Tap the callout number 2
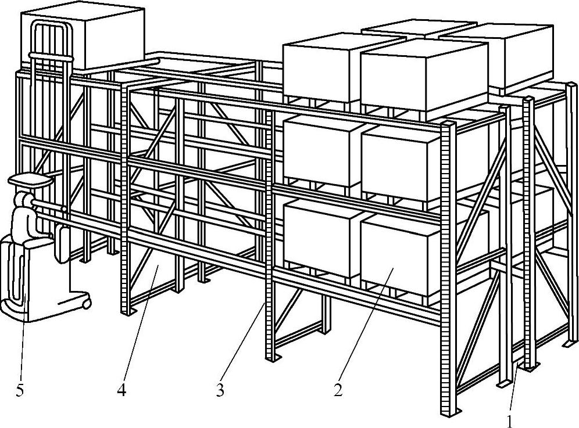point(337,391)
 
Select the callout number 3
point(220,391)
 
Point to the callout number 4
point(121,391)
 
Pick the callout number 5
point(20,391)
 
